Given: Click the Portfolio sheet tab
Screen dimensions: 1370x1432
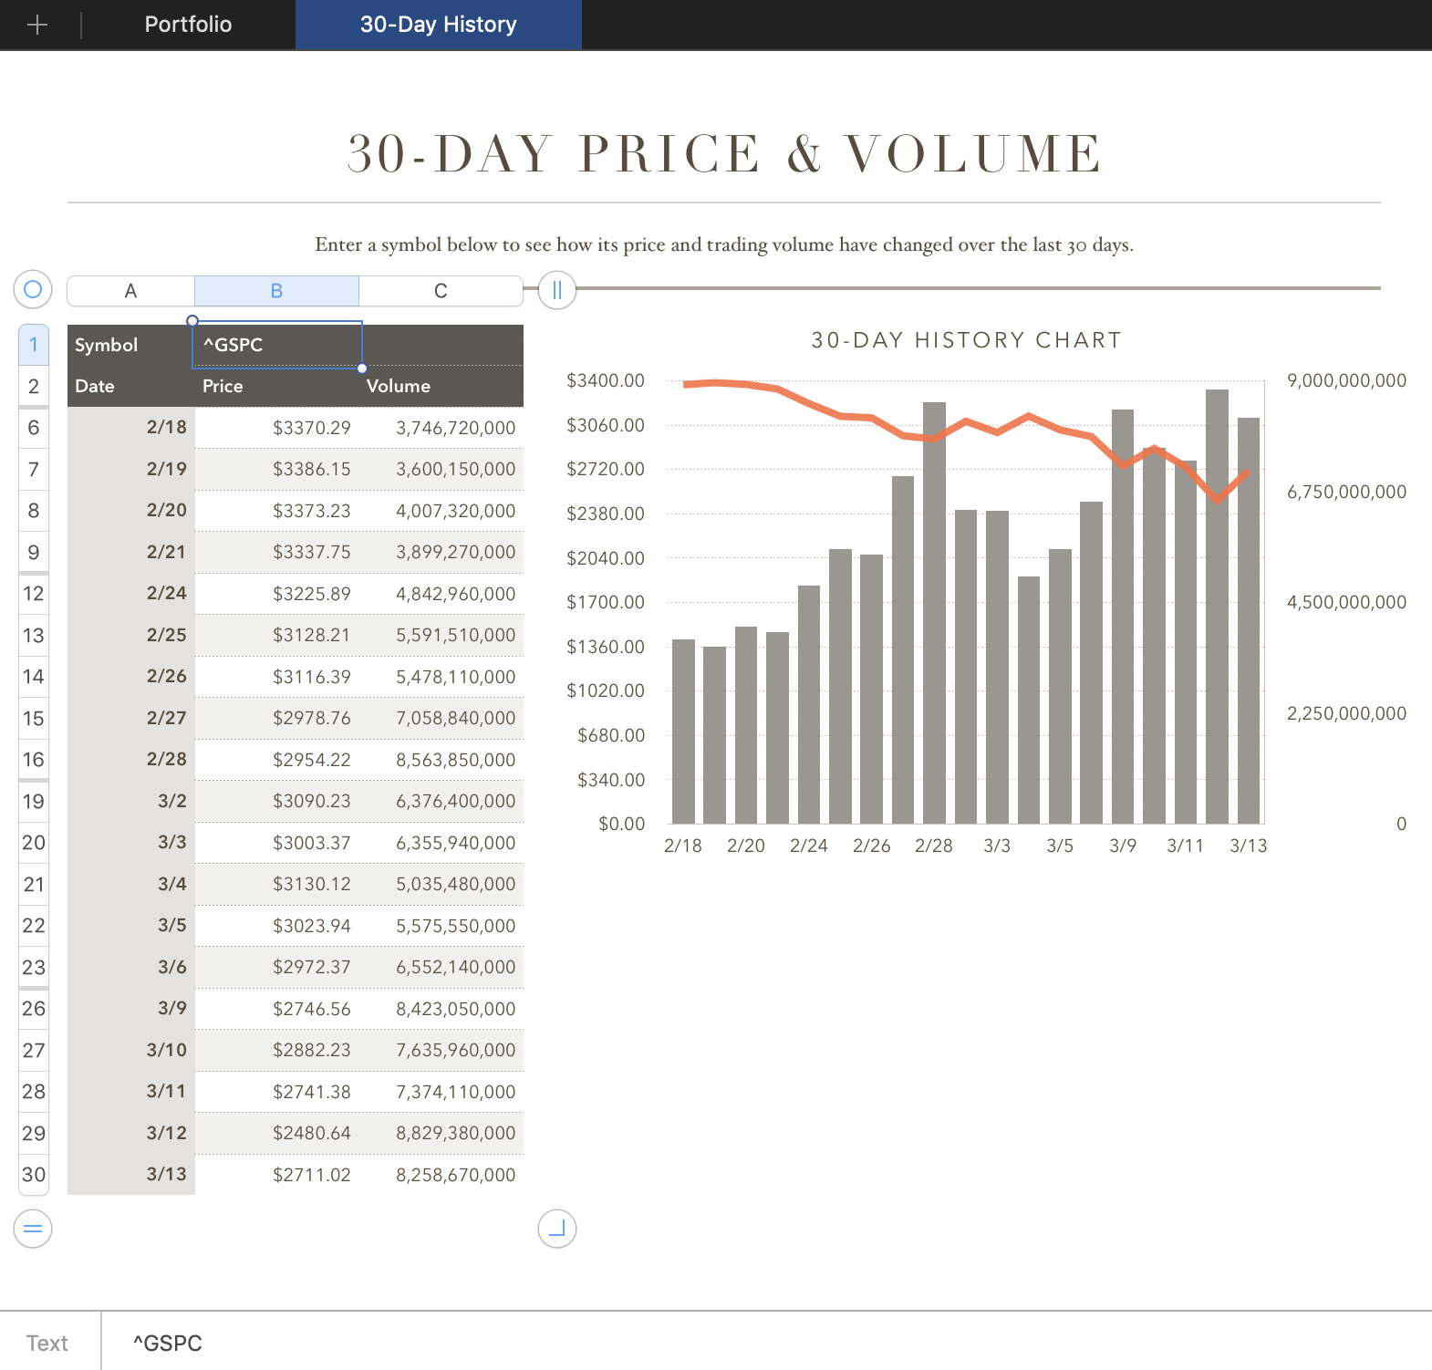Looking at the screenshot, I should point(188,25).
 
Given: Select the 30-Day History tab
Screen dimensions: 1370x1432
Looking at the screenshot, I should point(438,25).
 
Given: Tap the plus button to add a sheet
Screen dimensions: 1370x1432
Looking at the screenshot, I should point(37,25).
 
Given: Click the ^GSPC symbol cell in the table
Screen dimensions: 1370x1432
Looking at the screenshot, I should point(276,345).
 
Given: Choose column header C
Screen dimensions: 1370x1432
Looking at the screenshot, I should point(441,291).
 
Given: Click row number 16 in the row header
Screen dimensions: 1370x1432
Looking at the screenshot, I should point(34,760).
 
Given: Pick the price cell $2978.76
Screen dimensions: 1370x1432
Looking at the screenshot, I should point(311,718).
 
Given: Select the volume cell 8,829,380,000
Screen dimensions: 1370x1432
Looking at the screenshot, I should point(455,1133).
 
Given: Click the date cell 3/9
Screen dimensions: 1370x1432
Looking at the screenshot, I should point(171,1008).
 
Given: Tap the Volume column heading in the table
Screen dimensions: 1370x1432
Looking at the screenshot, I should point(398,386).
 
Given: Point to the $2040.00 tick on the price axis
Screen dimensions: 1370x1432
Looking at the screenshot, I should point(606,558).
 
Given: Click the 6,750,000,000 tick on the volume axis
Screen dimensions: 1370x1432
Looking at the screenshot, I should point(1346,492).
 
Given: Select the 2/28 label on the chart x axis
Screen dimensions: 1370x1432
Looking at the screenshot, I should point(933,846).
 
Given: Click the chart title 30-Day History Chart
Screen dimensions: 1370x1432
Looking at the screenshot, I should point(966,340).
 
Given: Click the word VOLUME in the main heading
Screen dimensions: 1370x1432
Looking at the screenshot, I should point(973,153).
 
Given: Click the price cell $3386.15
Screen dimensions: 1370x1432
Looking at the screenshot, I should point(311,469).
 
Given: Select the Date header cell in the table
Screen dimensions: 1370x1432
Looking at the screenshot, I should point(95,386).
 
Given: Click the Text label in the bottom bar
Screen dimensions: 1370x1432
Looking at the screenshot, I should point(47,1343).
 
